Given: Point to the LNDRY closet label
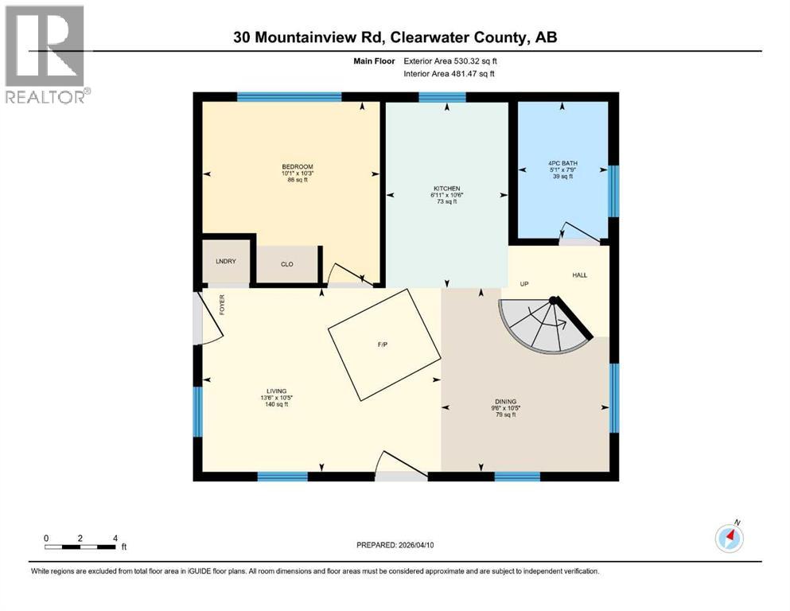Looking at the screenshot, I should pos(226,262).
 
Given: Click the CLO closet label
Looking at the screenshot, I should pos(286,264).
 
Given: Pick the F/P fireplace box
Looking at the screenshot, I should pos(383,344).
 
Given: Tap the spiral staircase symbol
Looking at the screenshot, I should pos(543,328).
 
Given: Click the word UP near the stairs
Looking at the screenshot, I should pos(524,283).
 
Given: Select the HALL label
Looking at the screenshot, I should pos(579,274).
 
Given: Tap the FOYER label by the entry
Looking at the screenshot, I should pos(223,305).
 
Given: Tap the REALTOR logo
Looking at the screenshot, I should pos(45,54).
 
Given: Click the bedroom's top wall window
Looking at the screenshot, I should pos(289,98).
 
